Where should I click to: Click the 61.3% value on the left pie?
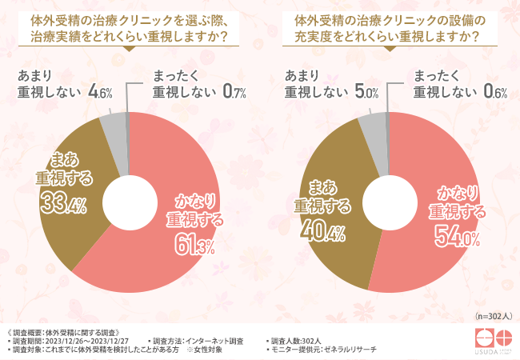click(192, 242)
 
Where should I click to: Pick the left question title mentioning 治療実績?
click(127, 27)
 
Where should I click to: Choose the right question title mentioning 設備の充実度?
click(387, 27)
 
